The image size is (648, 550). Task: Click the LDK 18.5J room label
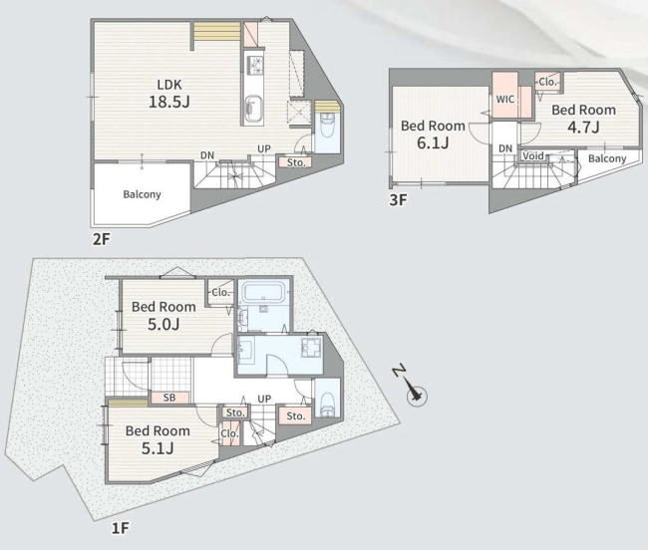(169, 94)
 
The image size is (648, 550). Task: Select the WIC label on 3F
(505, 99)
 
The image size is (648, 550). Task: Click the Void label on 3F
(533, 156)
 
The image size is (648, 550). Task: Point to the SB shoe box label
(169, 398)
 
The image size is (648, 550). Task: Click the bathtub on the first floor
(263, 292)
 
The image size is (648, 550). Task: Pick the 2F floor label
(102, 239)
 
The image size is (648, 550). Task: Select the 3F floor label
(399, 200)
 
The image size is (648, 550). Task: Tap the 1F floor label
(121, 528)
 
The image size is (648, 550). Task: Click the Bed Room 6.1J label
(433, 135)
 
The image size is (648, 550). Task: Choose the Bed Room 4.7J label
(583, 119)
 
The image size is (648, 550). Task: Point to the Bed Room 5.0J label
(163, 316)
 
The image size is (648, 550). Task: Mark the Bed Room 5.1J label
(158, 439)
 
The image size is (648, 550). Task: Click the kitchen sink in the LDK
(253, 110)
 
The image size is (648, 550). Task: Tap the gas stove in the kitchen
(254, 66)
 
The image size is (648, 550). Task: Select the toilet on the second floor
(328, 128)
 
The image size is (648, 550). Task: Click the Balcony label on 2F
(142, 194)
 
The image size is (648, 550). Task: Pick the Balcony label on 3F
(607, 158)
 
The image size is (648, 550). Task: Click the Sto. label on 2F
(296, 162)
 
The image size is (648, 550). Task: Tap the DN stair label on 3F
(505, 148)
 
